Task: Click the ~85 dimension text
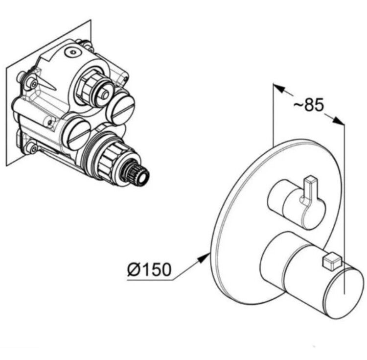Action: pos(309,104)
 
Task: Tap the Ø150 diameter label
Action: pos(149,269)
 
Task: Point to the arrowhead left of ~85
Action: pos(279,88)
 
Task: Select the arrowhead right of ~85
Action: pos(339,120)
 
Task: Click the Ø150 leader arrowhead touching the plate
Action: pos(204,258)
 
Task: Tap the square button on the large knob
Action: pos(332,262)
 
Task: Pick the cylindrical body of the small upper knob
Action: pos(296,204)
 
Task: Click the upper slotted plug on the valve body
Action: pos(120,107)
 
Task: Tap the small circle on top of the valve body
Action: pos(72,52)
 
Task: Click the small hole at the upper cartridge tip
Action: pos(105,95)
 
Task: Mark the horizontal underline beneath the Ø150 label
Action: pos(150,280)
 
